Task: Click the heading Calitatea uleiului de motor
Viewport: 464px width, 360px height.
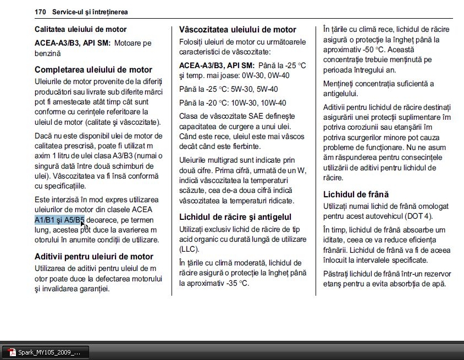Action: pos(80,29)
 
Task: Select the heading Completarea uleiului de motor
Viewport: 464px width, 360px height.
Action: pos(93,70)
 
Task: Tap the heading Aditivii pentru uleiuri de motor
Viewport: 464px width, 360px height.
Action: pos(94,256)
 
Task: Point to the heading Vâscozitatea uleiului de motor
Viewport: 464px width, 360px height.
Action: pos(237,30)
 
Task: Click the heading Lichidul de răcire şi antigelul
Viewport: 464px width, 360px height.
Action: pos(235,217)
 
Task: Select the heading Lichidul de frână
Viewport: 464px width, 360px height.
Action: pos(356,194)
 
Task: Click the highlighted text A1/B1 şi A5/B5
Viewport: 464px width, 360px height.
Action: pos(59,220)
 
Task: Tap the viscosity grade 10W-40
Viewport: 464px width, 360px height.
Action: pos(273,103)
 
